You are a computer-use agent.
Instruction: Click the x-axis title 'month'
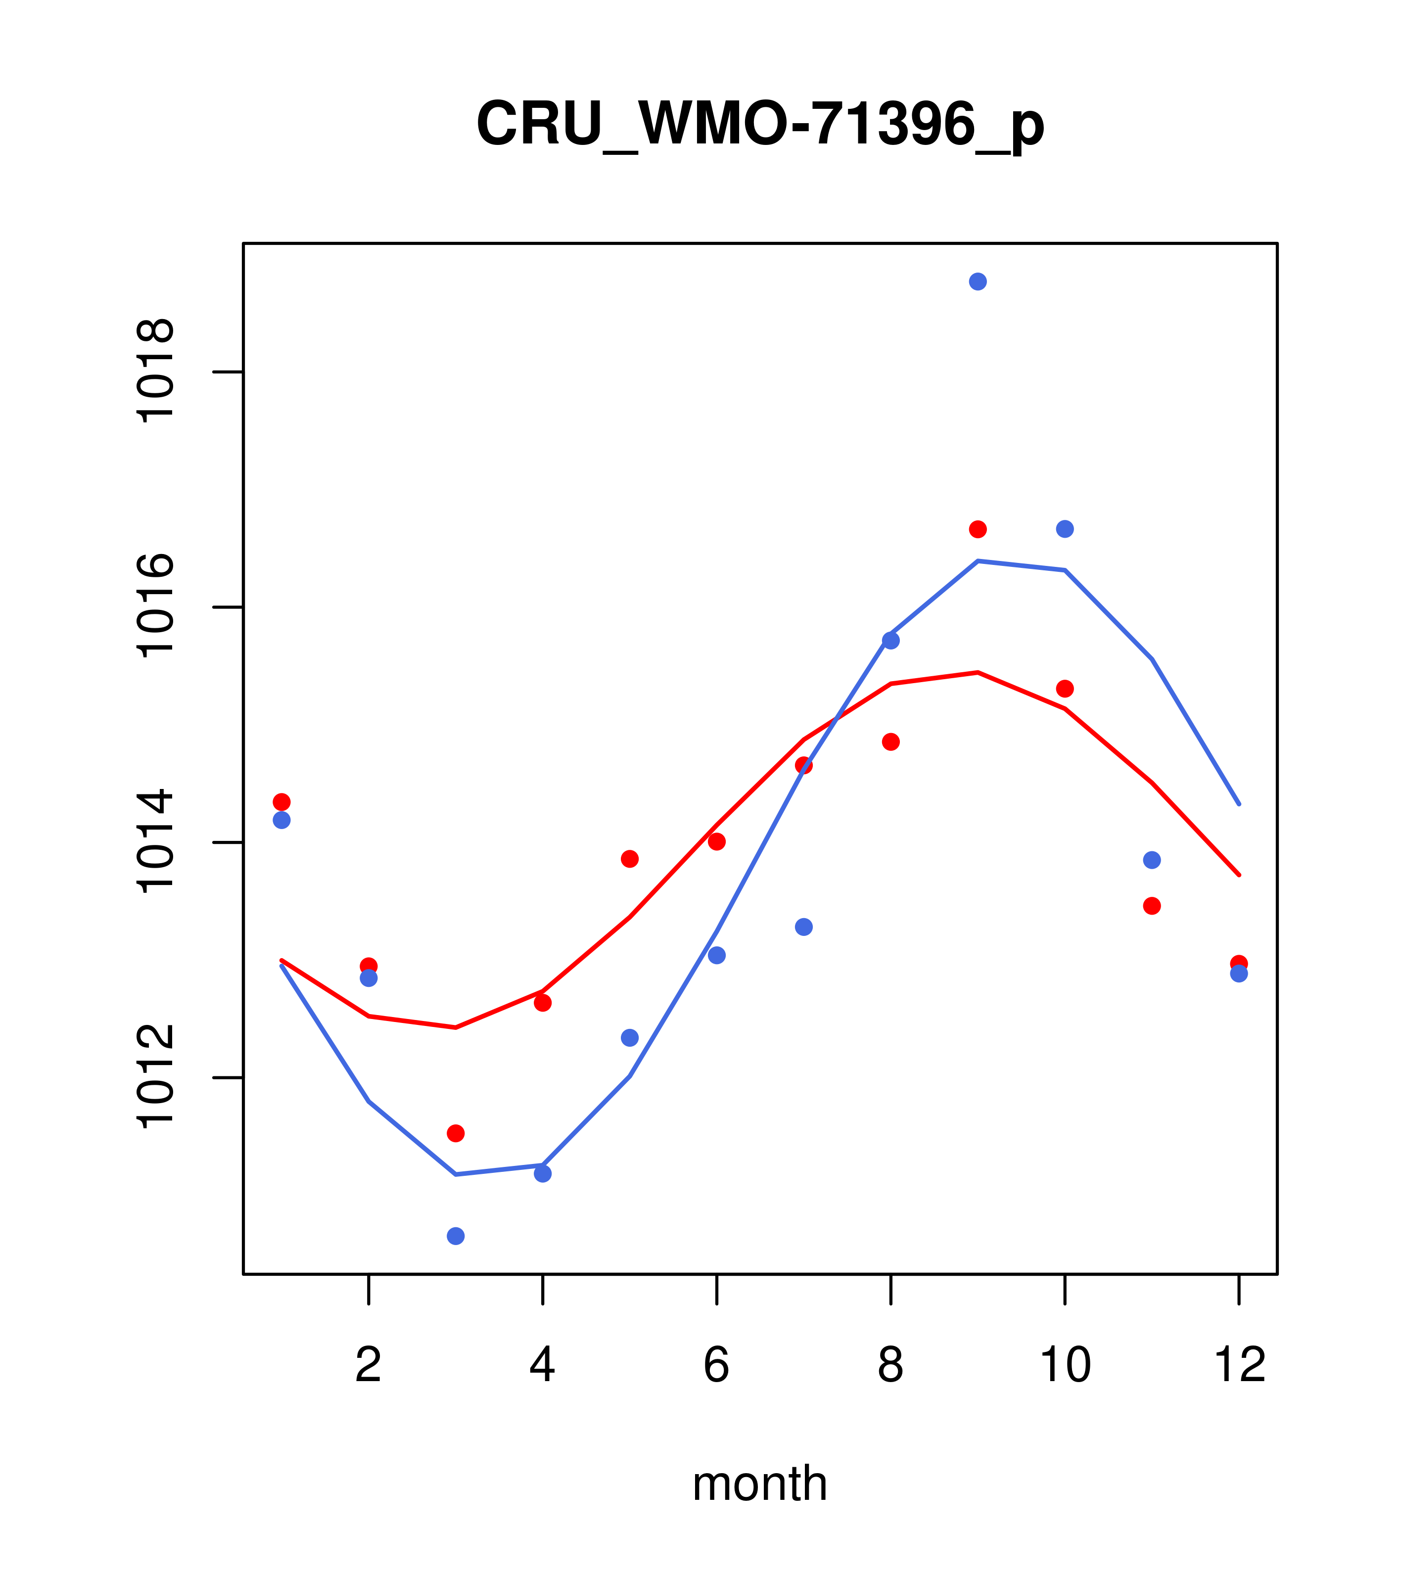(760, 1484)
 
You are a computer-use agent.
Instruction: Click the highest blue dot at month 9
(978, 281)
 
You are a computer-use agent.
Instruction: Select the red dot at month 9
(978, 529)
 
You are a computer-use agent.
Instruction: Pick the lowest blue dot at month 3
(456, 1236)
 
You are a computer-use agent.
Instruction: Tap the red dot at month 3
(456, 1133)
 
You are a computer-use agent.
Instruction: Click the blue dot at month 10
(1065, 529)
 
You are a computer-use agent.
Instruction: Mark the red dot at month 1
(281, 802)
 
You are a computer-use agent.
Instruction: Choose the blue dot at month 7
(804, 927)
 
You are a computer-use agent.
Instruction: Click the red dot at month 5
(630, 859)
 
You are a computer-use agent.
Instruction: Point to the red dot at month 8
(890, 742)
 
